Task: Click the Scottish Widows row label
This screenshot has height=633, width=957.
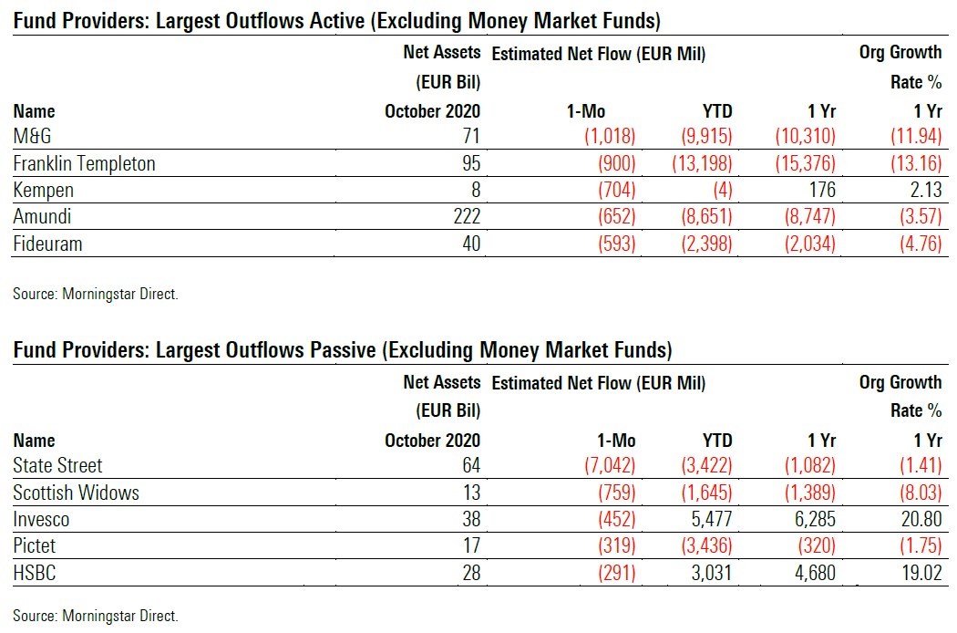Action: coord(76,493)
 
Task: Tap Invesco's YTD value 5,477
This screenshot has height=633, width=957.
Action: coord(709,520)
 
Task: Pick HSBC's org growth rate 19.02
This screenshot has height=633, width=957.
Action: coord(920,573)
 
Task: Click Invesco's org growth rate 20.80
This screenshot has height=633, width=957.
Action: coord(920,520)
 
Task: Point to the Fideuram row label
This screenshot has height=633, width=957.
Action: coord(46,244)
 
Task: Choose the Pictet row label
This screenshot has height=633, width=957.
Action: coord(35,546)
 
